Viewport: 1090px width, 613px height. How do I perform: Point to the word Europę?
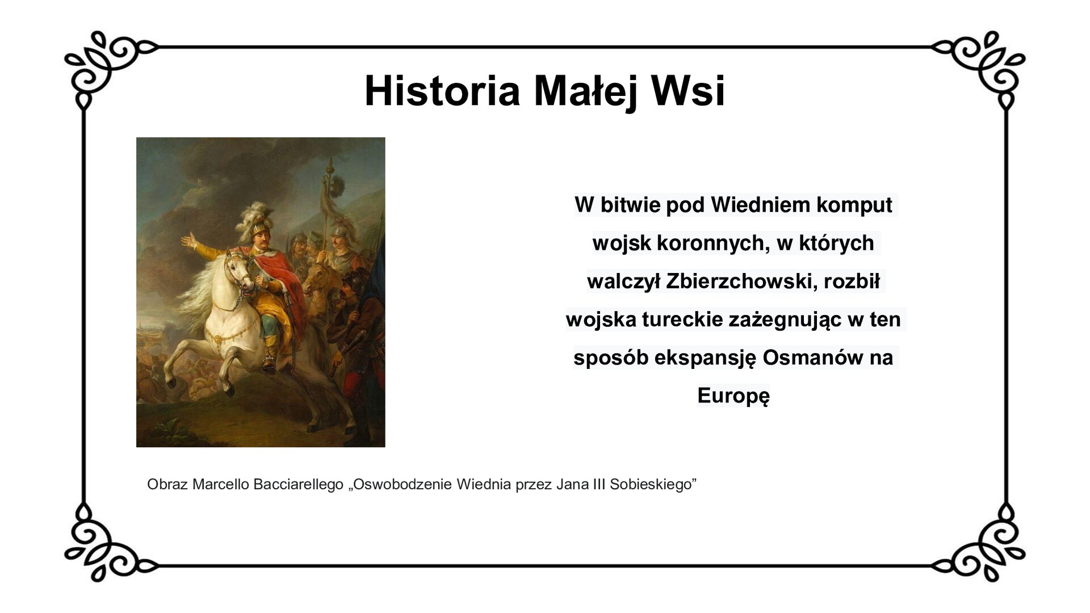pyautogui.click(x=733, y=396)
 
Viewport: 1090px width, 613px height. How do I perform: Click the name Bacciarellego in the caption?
pyautogui.click(x=298, y=485)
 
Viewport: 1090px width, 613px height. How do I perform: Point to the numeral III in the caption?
pyautogui.click(x=596, y=485)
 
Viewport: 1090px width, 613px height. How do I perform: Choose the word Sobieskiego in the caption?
pyautogui.click(x=653, y=485)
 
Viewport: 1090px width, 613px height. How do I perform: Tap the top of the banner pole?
pyautogui.click(x=329, y=165)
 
